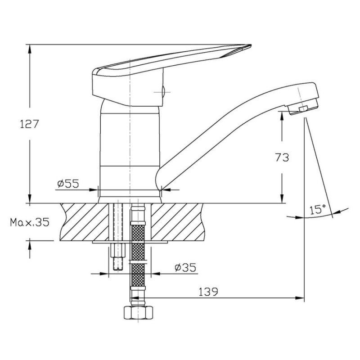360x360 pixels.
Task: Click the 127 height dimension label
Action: pyautogui.click(x=30, y=124)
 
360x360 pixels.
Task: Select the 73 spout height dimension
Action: pyautogui.click(x=282, y=157)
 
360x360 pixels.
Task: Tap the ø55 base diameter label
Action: pyautogui.click(x=68, y=184)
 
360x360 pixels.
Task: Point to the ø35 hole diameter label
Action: pyautogui.click(x=185, y=267)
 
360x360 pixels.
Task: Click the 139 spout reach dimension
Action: pyautogui.click(x=208, y=292)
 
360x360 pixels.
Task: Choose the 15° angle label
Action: pyautogui.click(x=318, y=210)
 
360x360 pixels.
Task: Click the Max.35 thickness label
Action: pyautogui.click(x=30, y=222)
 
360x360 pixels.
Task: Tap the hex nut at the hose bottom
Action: pyautogui.click(x=138, y=312)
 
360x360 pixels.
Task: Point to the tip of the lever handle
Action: pyautogui.click(x=251, y=45)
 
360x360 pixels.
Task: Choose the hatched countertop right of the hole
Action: pyautogui.click(x=177, y=222)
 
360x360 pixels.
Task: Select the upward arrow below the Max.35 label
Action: pyautogui.click(x=30, y=250)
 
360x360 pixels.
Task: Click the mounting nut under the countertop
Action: pyautogui.click(x=118, y=250)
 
